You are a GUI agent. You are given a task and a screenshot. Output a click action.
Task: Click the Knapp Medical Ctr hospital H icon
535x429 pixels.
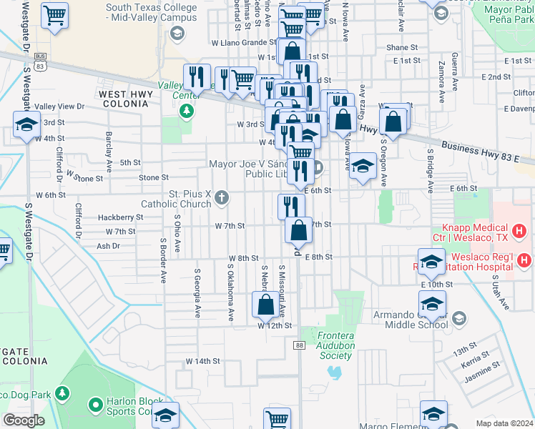520,231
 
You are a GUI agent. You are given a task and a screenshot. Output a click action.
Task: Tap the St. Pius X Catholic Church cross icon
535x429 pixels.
222,197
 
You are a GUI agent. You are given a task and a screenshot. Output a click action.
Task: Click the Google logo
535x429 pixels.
24,420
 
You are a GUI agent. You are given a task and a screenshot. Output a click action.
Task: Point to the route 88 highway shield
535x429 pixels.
298,345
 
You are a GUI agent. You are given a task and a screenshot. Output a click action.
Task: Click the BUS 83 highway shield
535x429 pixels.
40,61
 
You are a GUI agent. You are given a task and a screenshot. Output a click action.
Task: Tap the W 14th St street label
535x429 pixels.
202,361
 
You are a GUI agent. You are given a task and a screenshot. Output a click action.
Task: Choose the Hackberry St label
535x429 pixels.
121,217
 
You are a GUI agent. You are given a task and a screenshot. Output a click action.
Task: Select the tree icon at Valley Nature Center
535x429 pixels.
186,110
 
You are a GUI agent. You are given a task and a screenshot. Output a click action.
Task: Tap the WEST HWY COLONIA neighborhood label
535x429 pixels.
124,99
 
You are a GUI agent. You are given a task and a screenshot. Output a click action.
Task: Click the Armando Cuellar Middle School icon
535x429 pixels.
459,318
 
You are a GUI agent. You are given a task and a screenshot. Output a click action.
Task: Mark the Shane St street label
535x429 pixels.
402,48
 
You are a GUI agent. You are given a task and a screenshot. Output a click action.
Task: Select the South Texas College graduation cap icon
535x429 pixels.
176,33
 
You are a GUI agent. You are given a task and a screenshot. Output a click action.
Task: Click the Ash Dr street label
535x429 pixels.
107,246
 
